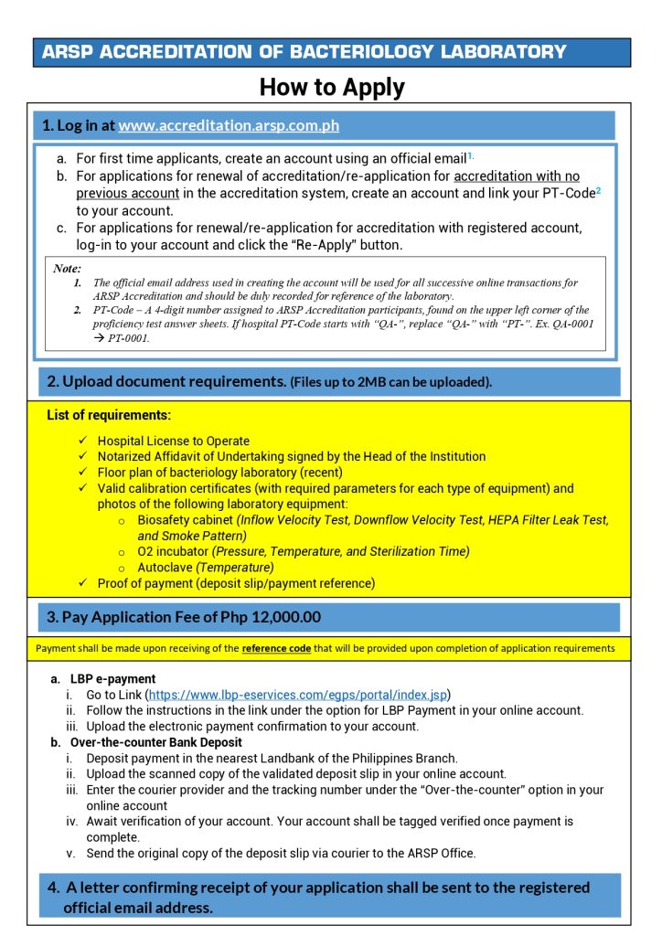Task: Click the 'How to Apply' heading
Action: pos(331,88)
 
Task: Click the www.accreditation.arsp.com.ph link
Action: pos(229,125)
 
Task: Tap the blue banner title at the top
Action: pos(304,52)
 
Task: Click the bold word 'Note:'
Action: pos(67,269)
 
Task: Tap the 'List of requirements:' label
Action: pos(109,415)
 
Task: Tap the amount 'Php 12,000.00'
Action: pos(271,617)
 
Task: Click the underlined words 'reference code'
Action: pos(275,649)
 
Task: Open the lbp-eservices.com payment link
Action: pos(298,695)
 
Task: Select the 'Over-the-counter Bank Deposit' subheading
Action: pos(151,742)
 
